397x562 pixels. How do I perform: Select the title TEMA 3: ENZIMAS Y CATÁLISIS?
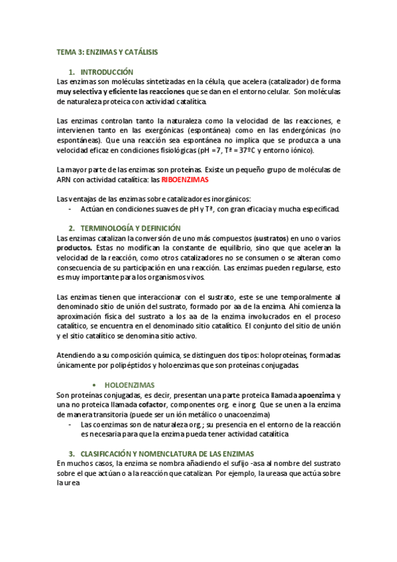pyautogui.click(x=107, y=51)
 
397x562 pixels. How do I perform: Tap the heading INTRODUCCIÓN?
pyautogui.click(x=107, y=72)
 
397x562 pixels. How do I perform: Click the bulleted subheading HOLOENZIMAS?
pyautogui.click(x=130, y=384)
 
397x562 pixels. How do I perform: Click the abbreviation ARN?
pyautogui.click(x=66, y=180)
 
